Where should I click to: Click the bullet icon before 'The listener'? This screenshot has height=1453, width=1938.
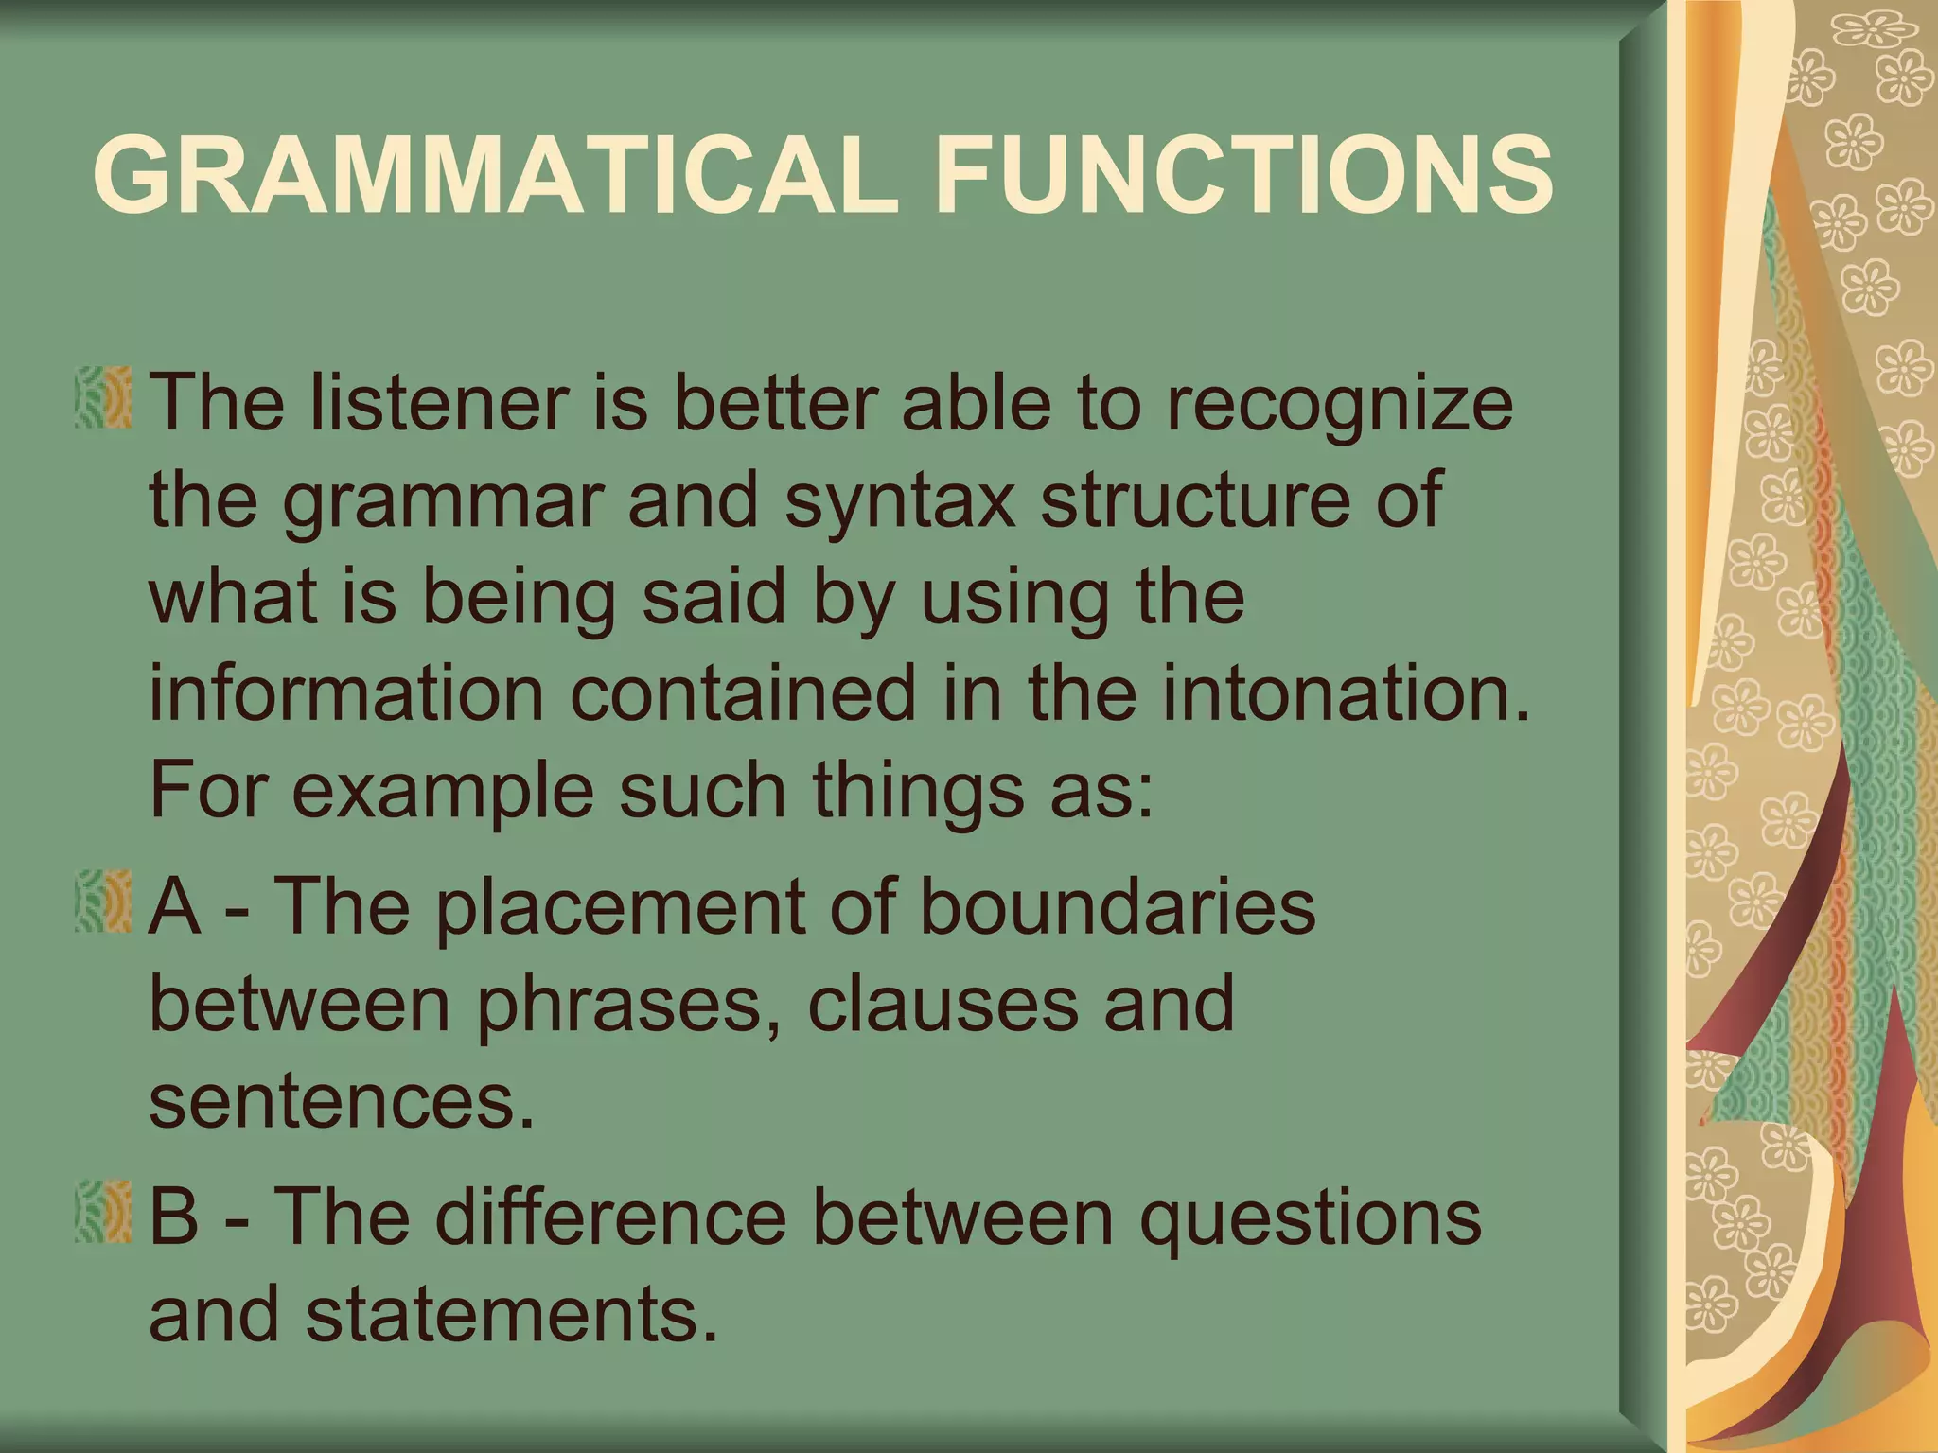click(x=103, y=398)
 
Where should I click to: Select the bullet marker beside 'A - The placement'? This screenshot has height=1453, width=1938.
click(x=103, y=902)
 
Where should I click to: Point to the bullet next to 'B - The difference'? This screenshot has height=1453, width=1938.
click(x=103, y=1212)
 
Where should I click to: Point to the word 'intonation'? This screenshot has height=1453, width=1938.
click(x=1344, y=693)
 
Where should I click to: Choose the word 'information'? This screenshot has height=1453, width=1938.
click(x=346, y=693)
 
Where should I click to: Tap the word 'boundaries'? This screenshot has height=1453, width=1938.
click(x=1117, y=906)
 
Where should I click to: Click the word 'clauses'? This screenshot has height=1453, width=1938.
click(x=943, y=1005)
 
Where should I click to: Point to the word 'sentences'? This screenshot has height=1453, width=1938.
click(x=342, y=1103)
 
